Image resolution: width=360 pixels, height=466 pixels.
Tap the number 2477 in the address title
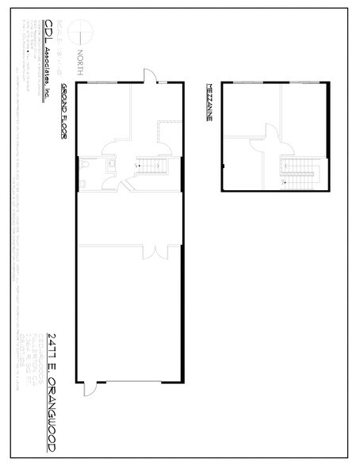(51, 341)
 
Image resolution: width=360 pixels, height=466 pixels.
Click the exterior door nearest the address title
(90, 388)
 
